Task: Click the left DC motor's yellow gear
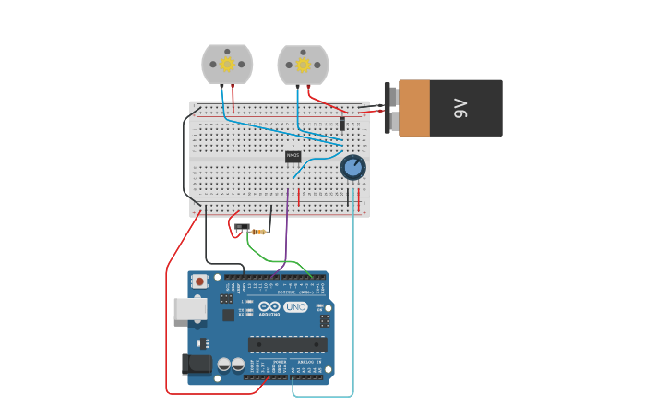(227, 65)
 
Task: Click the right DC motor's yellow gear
(303, 65)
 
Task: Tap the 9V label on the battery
(462, 108)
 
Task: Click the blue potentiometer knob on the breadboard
(352, 167)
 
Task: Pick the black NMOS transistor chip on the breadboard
(293, 156)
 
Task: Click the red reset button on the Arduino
(199, 281)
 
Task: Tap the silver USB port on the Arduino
(189, 308)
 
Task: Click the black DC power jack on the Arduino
(197, 364)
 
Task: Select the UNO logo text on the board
(295, 306)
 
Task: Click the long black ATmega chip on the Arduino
(287, 344)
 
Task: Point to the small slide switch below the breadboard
(242, 226)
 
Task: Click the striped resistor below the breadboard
(260, 232)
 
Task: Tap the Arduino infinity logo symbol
(269, 306)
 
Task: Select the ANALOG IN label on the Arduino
(309, 362)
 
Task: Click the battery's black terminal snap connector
(392, 108)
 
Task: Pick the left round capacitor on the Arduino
(223, 364)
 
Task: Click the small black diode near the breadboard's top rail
(342, 124)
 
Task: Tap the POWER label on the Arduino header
(267, 362)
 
